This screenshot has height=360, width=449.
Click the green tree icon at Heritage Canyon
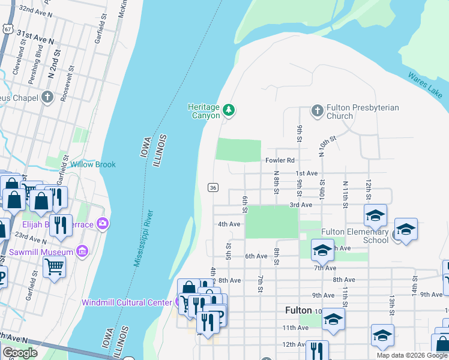coord(228,110)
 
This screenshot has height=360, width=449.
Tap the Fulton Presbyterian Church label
coord(363,112)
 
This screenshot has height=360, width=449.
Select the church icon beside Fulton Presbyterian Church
coord(318,110)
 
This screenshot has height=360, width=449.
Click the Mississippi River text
coord(143,239)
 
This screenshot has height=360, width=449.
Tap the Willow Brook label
coord(92,164)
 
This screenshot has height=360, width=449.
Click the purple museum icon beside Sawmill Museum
coord(83,250)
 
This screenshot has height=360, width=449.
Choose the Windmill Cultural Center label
coord(127,302)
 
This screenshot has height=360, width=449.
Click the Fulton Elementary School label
coord(355,235)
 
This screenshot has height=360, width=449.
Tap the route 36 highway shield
coord(212,187)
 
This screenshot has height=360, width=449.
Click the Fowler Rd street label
coord(280,160)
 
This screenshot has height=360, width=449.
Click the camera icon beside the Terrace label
coord(103,224)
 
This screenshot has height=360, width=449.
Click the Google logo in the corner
coord(20,353)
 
